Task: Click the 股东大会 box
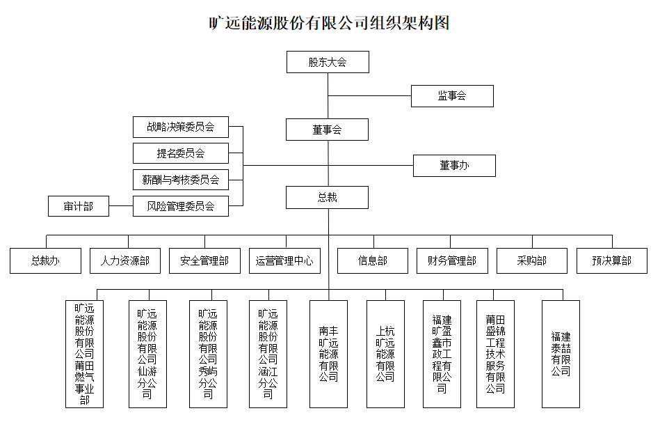(328, 62)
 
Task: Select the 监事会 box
(452, 96)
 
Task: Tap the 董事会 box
(327, 130)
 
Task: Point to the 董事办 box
(454, 166)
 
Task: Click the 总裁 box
(327, 198)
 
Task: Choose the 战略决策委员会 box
(180, 127)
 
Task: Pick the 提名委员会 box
(180, 153)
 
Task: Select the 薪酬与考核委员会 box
(180, 180)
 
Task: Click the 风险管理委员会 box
(180, 206)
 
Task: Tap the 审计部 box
(79, 206)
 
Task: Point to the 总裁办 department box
(45, 261)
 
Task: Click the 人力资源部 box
(124, 261)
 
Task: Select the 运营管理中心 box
(284, 261)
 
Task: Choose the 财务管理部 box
(452, 261)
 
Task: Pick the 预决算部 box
(612, 261)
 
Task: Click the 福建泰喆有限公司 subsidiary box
(561, 354)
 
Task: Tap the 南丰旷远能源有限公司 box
(328, 354)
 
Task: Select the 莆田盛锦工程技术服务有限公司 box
(495, 354)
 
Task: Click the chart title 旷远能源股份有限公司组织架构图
(330, 23)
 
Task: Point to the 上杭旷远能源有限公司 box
(385, 354)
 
